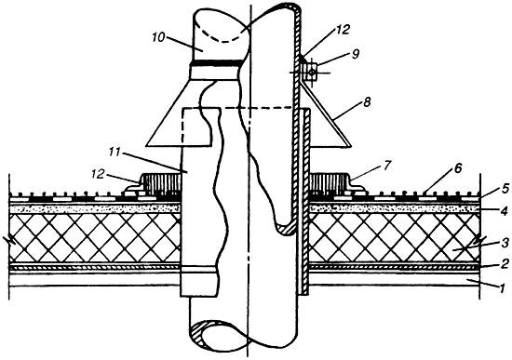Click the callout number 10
tap(158, 37)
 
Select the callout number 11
tap(115, 153)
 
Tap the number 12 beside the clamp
tap(343, 30)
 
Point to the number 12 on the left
tap(98, 174)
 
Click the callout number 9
tap(356, 54)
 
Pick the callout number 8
tap(368, 102)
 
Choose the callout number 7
tap(386, 166)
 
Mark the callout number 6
tap(458, 168)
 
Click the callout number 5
tap(505, 189)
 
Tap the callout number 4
tap(505, 211)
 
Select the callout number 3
tap(505, 242)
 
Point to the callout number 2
tap(505, 263)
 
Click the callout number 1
tap(503, 287)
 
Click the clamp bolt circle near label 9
tap(312, 73)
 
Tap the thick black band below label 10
tap(217, 62)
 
